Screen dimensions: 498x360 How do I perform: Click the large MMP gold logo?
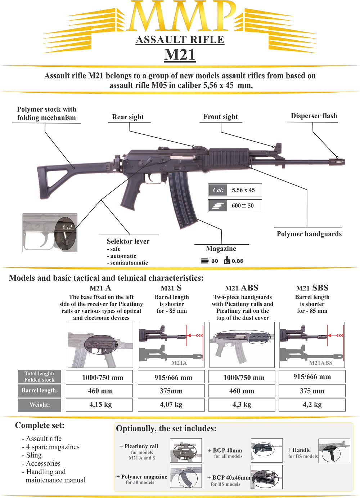point(180,16)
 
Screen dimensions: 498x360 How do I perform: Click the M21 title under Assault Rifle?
point(180,55)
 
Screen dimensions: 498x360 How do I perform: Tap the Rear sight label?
point(128,117)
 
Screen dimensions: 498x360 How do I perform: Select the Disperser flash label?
point(314,116)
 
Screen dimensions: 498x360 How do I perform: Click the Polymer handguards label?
point(309,234)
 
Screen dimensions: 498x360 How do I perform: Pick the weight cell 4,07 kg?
point(171,405)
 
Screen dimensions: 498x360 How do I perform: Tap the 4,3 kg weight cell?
point(242,405)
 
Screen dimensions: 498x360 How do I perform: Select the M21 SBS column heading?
point(312,288)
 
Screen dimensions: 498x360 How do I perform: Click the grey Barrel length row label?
point(40,391)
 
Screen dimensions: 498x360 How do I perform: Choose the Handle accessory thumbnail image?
point(334,451)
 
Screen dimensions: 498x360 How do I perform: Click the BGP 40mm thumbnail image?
point(266,450)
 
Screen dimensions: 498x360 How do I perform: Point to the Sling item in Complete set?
point(34,455)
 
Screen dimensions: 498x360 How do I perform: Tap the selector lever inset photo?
point(50,232)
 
